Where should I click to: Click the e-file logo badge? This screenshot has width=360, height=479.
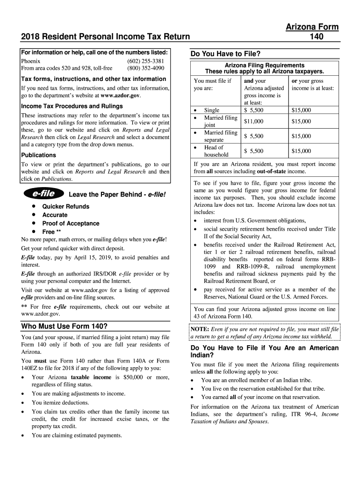43,193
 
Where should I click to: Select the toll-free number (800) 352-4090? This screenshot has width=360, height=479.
145,68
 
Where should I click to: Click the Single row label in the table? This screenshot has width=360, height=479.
212,110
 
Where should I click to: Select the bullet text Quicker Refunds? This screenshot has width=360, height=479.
66,206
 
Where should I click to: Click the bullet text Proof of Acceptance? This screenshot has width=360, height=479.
71,223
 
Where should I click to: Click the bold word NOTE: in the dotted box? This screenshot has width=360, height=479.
200,329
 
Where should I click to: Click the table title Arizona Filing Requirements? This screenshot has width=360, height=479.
265,65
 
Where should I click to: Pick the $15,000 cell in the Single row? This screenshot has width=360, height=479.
301,110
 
